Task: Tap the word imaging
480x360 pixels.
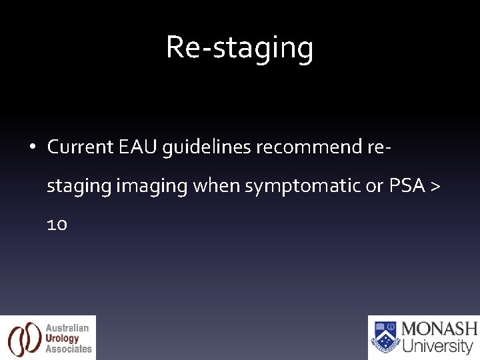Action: (152, 186)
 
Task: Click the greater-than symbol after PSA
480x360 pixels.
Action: (435, 186)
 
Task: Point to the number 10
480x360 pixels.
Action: (57, 225)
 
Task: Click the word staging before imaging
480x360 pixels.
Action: (79, 186)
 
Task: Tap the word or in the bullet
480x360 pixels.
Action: (375, 186)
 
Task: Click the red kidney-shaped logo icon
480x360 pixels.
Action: (24, 338)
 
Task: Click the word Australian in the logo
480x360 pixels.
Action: (67, 328)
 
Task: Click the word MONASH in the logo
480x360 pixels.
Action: (439, 329)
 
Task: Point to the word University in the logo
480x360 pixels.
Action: (438, 346)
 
